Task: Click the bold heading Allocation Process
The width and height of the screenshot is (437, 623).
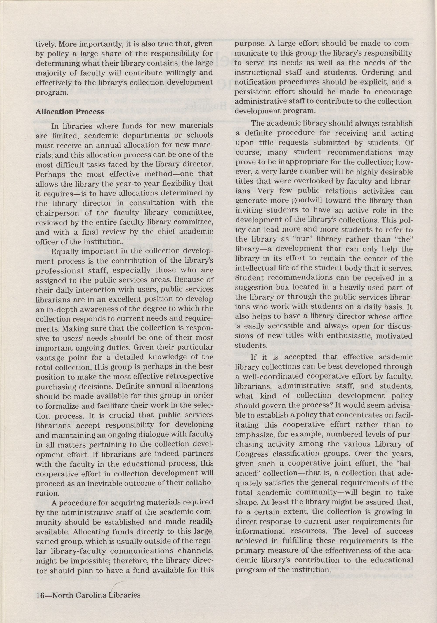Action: point(70,112)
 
